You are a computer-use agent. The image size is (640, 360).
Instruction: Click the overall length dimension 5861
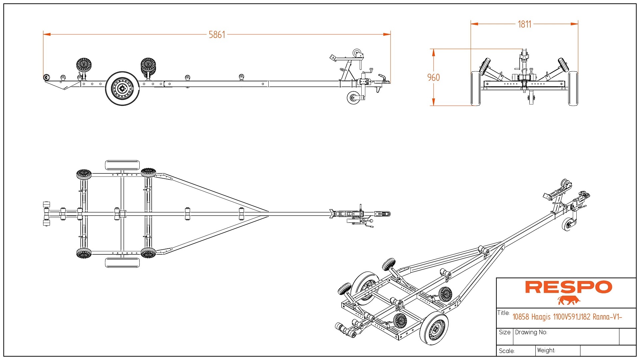(217, 35)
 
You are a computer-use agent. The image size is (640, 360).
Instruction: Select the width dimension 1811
(524, 24)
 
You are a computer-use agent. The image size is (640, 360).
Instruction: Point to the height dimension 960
(433, 78)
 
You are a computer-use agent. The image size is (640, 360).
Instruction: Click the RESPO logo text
(568, 287)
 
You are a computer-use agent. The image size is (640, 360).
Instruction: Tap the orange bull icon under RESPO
(569, 300)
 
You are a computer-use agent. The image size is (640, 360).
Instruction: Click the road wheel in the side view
(122, 88)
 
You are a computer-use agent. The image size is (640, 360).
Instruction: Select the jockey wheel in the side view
(353, 98)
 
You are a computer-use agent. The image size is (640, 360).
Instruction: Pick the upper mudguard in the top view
(122, 165)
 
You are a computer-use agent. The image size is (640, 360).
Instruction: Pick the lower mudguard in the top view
(122, 262)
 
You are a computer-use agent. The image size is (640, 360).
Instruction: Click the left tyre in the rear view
(476, 88)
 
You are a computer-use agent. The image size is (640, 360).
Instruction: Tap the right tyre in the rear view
(573, 88)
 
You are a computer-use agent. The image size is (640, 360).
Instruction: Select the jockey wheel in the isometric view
(568, 224)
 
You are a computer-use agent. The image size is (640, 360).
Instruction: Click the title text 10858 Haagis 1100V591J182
(567, 317)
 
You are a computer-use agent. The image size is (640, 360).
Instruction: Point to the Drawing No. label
(531, 332)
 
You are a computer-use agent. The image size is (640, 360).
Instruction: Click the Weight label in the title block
(546, 350)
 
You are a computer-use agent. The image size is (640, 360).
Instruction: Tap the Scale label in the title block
(507, 351)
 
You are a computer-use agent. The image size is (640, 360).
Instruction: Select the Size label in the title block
(505, 332)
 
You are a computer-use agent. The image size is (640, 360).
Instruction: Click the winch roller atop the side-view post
(358, 53)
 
